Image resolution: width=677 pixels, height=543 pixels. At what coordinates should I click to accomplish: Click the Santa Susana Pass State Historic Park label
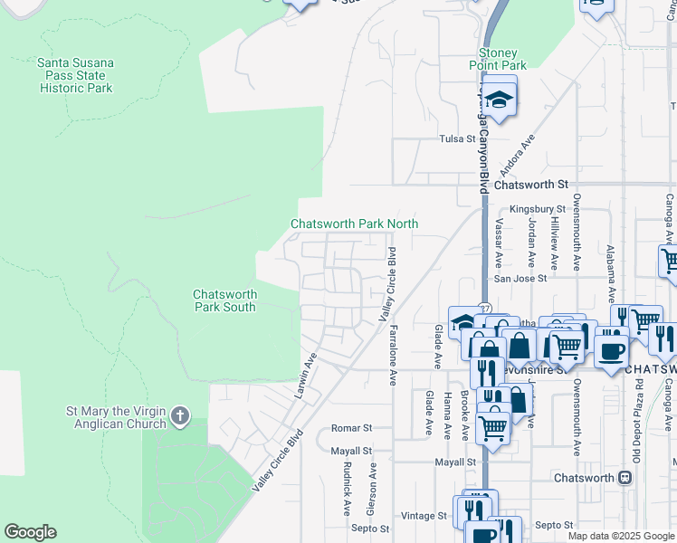click(75, 76)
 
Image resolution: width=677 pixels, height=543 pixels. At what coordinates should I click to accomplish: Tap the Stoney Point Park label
click(498, 60)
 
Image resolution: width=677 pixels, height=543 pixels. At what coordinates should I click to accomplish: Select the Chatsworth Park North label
click(354, 224)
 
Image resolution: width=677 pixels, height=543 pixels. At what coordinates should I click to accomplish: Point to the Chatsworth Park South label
click(224, 300)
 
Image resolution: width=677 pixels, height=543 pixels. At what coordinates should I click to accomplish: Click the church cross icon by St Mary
click(180, 417)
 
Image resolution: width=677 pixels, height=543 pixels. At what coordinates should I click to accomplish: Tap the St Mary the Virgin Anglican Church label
click(116, 417)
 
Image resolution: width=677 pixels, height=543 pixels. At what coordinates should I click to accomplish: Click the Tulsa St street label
click(457, 138)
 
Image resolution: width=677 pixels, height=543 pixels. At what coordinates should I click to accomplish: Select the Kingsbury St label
click(531, 209)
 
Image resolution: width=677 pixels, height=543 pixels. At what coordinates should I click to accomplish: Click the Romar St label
click(352, 427)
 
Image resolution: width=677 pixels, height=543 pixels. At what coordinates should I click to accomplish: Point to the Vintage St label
click(424, 515)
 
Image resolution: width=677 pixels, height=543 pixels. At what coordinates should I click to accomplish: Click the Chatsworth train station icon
click(624, 477)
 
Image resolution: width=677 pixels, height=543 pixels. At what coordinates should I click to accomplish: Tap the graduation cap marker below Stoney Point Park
click(498, 99)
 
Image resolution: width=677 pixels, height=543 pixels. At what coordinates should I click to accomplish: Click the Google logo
click(30, 532)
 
